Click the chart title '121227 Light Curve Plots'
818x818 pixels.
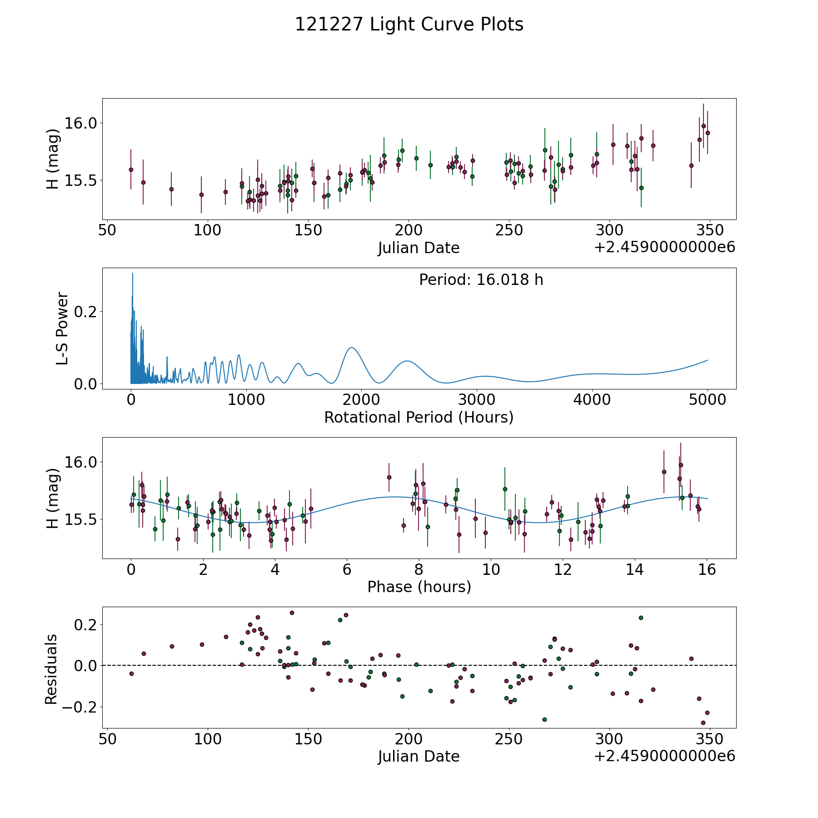pos(409,25)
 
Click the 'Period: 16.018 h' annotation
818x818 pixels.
pos(481,280)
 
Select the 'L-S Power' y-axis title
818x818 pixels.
pos(62,328)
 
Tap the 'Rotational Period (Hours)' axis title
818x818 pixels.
pos(419,417)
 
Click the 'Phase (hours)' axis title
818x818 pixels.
pos(419,587)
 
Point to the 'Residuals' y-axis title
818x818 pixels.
pos(51,669)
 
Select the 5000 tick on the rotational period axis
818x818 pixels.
pos(707,400)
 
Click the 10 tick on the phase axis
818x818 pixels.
pos(491,569)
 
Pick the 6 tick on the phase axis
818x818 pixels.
pos(347,569)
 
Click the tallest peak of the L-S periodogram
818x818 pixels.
pos(132,274)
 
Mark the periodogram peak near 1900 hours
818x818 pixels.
pos(352,348)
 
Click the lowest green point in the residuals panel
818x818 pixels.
pos(544,719)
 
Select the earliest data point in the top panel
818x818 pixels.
pos(131,170)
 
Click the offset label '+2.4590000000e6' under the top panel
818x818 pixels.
pos(664,248)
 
